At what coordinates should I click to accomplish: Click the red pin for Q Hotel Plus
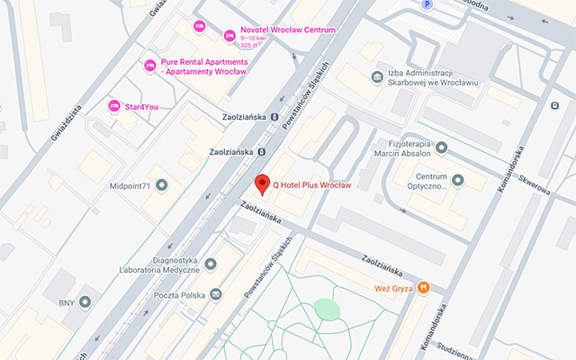click(262, 184)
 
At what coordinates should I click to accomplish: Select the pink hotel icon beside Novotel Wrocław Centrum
click(229, 35)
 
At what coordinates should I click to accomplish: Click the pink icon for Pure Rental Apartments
click(150, 66)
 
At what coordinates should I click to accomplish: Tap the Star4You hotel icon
click(114, 106)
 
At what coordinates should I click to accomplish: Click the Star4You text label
click(142, 106)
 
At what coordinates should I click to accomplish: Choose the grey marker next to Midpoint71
click(162, 185)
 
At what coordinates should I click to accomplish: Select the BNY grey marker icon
click(85, 301)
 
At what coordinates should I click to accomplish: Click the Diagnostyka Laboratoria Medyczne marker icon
click(211, 264)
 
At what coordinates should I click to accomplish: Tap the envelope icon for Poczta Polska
click(216, 294)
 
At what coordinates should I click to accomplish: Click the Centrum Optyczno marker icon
click(456, 181)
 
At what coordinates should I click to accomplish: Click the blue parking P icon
click(426, 4)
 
